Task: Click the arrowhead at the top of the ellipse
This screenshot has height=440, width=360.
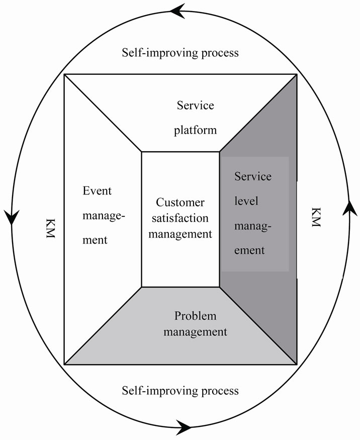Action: (178, 11)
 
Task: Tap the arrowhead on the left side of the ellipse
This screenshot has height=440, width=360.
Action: (12, 217)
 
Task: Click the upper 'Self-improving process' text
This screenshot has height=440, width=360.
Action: (180, 53)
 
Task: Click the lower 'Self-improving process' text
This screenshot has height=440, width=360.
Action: (180, 390)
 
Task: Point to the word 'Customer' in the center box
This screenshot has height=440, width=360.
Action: (180, 203)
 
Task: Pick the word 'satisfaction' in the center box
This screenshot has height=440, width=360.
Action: (180, 218)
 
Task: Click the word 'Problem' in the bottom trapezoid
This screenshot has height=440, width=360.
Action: (195, 316)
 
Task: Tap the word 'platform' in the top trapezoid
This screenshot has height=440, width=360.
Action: (196, 130)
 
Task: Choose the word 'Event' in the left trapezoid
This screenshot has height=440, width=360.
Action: (97, 191)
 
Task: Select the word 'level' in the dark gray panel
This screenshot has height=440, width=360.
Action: (246, 201)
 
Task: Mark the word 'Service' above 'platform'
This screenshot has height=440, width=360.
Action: (196, 105)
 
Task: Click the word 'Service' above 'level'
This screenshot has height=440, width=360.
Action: (253, 177)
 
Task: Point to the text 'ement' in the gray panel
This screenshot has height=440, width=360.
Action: (249, 250)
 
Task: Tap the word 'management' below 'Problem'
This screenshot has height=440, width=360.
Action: (201, 332)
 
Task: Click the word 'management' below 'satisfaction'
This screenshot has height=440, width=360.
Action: (180, 234)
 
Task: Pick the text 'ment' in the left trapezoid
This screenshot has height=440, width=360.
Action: (95, 240)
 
